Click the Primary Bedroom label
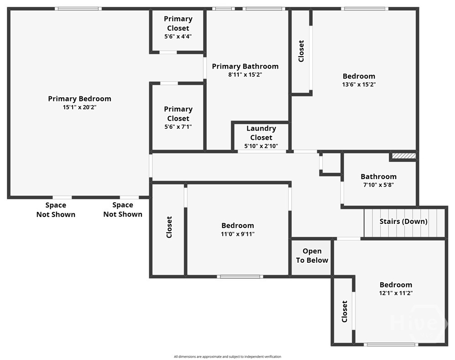click(x=79, y=99)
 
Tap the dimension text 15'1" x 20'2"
click(x=79, y=107)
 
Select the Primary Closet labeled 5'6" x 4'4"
click(x=178, y=27)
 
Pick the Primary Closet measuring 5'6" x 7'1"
click(x=178, y=117)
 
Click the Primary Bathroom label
click(x=245, y=66)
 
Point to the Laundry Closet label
click(x=261, y=133)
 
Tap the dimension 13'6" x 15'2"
click(x=359, y=85)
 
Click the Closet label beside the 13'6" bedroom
click(x=301, y=51)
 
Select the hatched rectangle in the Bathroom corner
click(x=404, y=156)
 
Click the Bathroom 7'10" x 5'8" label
click(x=378, y=176)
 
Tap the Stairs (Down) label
click(x=403, y=222)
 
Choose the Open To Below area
click(x=312, y=256)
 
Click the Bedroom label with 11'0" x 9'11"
click(x=237, y=225)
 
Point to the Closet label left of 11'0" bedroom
click(x=169, y=227)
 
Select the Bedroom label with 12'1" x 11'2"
click(x=396, y=285)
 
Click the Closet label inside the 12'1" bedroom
click(x=345, y=311)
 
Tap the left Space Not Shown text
click(x=56, y=210)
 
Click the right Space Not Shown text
click(x=123, y=210)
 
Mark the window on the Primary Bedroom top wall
click(x=78, y=8)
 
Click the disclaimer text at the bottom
click(x=227, y=356)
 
